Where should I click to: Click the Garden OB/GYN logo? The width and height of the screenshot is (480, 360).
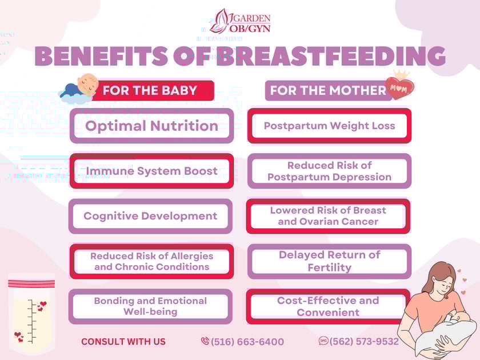tap(240, 21)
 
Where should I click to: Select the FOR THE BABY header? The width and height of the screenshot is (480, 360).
tap(150, 90)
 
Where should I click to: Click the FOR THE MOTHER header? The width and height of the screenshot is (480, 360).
tap(328, 90)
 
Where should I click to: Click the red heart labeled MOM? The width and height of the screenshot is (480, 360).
tap(399, 89)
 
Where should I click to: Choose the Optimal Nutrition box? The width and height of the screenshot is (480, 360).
tap(151, 126)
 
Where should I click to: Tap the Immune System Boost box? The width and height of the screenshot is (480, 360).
tap(151, 171)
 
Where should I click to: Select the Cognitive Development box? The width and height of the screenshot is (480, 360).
tap(150, 216)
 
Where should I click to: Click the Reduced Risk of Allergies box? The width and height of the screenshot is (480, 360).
tap(151, 261)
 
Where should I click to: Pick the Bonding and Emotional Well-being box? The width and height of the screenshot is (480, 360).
tap(150, 306)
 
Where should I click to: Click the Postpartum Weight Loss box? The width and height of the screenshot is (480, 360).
tap(329, 126)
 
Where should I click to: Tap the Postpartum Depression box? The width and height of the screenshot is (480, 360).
tap(329, 171)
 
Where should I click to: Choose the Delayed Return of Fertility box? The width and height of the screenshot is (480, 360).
tap(329, 261)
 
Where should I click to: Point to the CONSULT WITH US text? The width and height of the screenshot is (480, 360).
tap(123, 342)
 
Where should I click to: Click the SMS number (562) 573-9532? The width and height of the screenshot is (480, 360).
tap(363, 341)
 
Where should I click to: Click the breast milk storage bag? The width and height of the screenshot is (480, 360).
tap(31, 314)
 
